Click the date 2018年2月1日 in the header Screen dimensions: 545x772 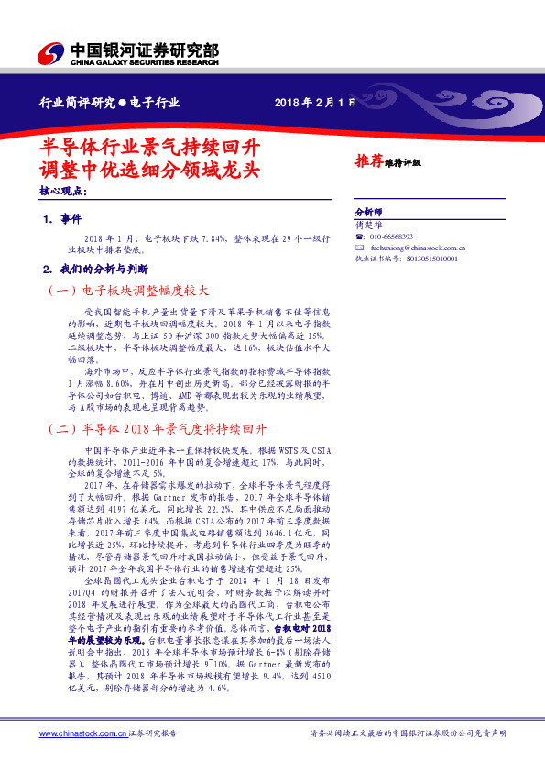[314, 103]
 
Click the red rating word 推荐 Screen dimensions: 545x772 [368, 160]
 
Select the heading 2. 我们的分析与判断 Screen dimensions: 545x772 [94, 270]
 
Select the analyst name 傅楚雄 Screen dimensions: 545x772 [365, 224]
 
